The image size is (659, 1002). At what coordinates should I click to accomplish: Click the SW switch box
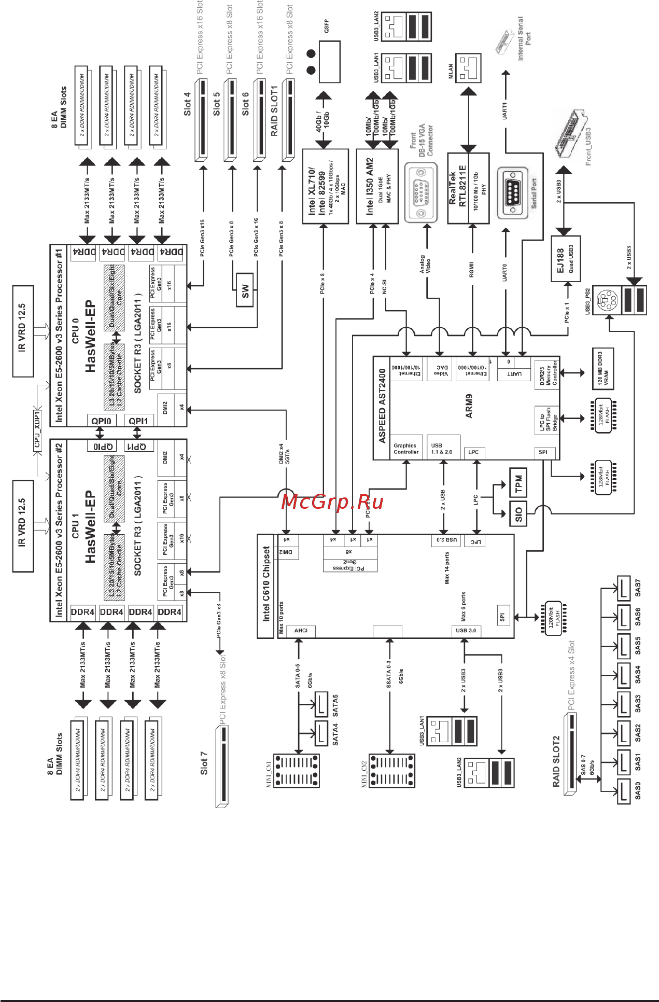point(245,291)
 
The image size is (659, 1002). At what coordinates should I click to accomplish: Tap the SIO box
point(518,513)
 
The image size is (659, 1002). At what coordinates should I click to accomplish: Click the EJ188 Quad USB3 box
point(565,259)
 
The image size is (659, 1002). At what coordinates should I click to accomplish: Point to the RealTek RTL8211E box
point(468,188)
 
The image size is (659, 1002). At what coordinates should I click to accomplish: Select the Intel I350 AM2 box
point(377,187)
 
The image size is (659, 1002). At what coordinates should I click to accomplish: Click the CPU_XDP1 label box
point(37,429)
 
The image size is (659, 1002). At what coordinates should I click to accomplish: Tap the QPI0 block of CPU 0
point(102,421)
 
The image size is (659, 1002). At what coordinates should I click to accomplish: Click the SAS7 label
point(638,588)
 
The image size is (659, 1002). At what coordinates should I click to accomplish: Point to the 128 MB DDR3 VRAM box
point(603,369)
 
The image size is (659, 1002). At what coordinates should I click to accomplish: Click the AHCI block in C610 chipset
point(301,631)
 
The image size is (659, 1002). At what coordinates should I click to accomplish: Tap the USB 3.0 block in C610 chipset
point(466,631)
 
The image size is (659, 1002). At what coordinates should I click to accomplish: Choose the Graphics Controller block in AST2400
point(405,449)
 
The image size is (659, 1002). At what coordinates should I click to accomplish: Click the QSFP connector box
point(329,61)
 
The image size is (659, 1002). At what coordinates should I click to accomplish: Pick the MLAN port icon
point(468,68)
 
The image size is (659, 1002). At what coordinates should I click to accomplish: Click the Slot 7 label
point(203,763)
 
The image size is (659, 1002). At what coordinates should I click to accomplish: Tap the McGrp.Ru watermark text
point(332,502)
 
